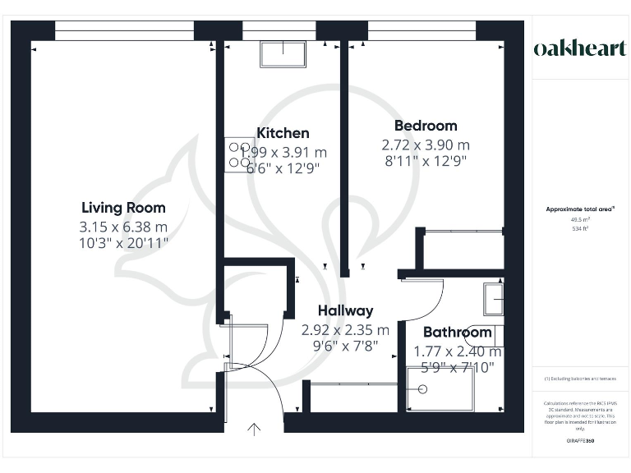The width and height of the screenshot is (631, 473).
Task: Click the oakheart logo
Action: click(581, 48)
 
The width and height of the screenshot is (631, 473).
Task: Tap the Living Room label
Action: click(123, 208)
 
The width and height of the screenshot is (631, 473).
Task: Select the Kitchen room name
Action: click(283, 133)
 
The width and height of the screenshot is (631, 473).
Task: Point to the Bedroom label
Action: click(426, 126)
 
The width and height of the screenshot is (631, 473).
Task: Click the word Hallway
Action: click(345, 310)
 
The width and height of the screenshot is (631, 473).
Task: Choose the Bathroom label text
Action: click(457, 333)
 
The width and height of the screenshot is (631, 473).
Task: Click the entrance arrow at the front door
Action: click(254, 428)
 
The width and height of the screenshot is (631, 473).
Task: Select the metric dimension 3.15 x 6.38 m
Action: click(124, 226)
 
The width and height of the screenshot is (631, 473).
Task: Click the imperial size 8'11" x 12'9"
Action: click(425, 162)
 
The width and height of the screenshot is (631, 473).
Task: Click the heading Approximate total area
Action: click(580, 209)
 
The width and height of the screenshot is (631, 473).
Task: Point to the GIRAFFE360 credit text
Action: click(580, 442)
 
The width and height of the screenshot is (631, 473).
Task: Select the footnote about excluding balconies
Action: click(580, 379)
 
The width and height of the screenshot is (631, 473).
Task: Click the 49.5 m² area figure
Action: click(580, 219)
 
